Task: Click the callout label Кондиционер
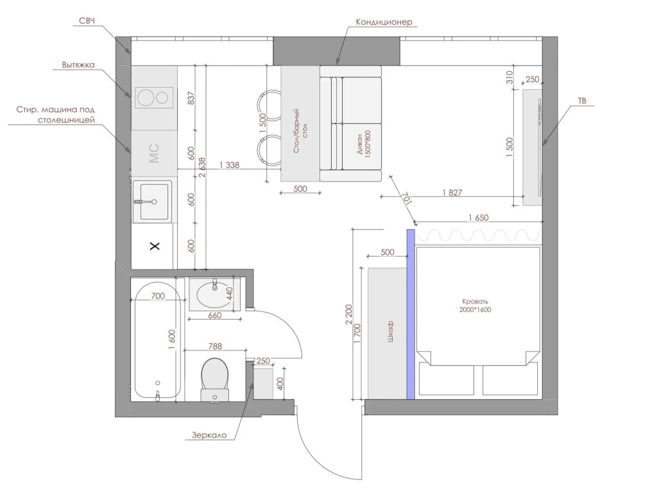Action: point(384,22)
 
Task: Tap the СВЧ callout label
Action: point(87,21)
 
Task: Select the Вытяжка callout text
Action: point(78,65)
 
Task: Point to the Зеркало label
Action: point(209,435)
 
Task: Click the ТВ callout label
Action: point(582,101)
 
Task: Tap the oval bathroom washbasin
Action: point(214,294)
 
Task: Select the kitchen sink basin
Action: point(154,202)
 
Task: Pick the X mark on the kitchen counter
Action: point(155,246)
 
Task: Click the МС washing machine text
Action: point(154,153)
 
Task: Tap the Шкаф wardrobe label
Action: point(390,332)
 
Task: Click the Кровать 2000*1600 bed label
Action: point(475,305)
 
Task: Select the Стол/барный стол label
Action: point(300,130)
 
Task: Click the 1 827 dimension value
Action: point(452,193)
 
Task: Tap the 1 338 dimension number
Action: point(230,165)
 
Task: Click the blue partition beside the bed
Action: point(411,314)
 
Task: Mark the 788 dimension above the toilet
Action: point(215,346)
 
